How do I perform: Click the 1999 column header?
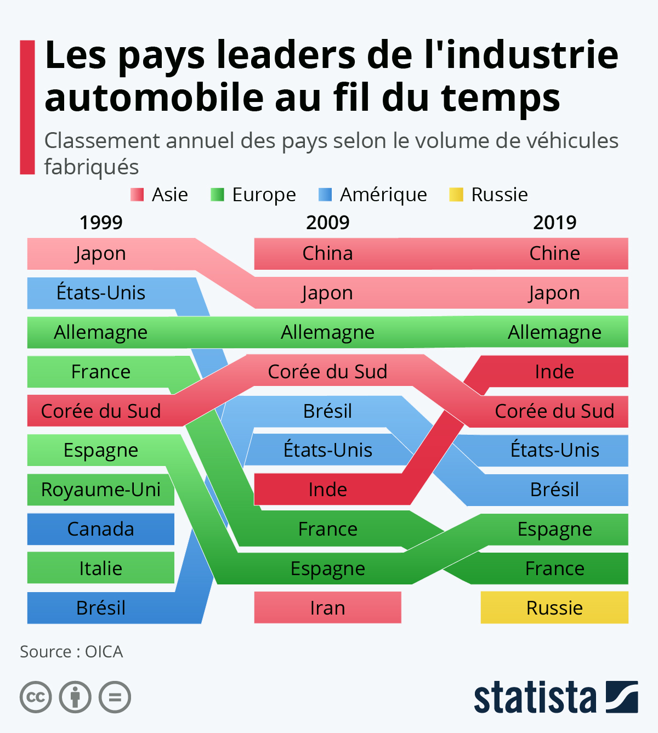pyautogui.click(x=101, y=223)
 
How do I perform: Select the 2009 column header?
pyautogui.click(x=327, y=223)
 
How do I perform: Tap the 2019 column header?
pyautogui.click(x=554, y=223)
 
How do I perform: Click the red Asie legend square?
pyautogui.click(x=137, y=195)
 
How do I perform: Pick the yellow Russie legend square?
pyautogui.click(x=456, y=195)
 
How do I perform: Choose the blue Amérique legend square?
pyautogui.click(x=325, y=195)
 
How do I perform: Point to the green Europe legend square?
pyautogui.click(x=217, y=195)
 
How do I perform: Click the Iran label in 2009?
pyautogui.click(x=327, y=608)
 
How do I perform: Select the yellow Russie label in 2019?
pyautogui.click(x=554, y=608)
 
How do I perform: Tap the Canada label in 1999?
pyautogui.click(x=101, y=529)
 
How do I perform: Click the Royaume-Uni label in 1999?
pyautogui.click(x=101, y=490)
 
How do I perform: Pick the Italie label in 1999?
pyautogui.click(x=101, y=569)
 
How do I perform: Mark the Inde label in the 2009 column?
pyautogui.click(x=327, y=490)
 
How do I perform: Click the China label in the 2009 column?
pyautogui.click(x=327, y=253)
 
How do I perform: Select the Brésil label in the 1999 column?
pyautogui.click(x=101, y=608)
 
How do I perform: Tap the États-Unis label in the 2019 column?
pyautogui.click(x=554, y=450)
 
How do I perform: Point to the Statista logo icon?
pyautogui.click(x=622, y=697)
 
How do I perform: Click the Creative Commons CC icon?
pyautogui.click(x=36, y=697)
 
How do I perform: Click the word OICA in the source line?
pyautogui.click(x=104, y=652)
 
